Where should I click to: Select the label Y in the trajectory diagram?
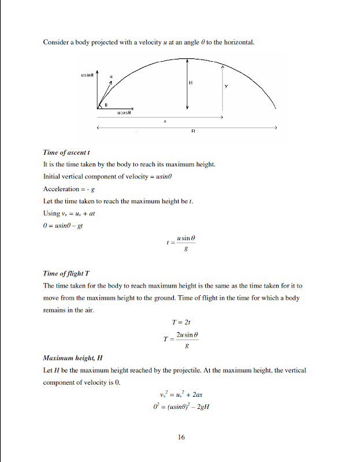pos(226,87)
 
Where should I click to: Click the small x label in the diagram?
pos(165,121)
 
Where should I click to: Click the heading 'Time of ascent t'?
pos(66,153)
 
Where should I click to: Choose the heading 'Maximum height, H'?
pos(73,358)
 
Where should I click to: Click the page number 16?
pos(181,437)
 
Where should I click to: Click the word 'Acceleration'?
pos(60,189)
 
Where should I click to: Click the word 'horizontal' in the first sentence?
pos(239,42)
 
